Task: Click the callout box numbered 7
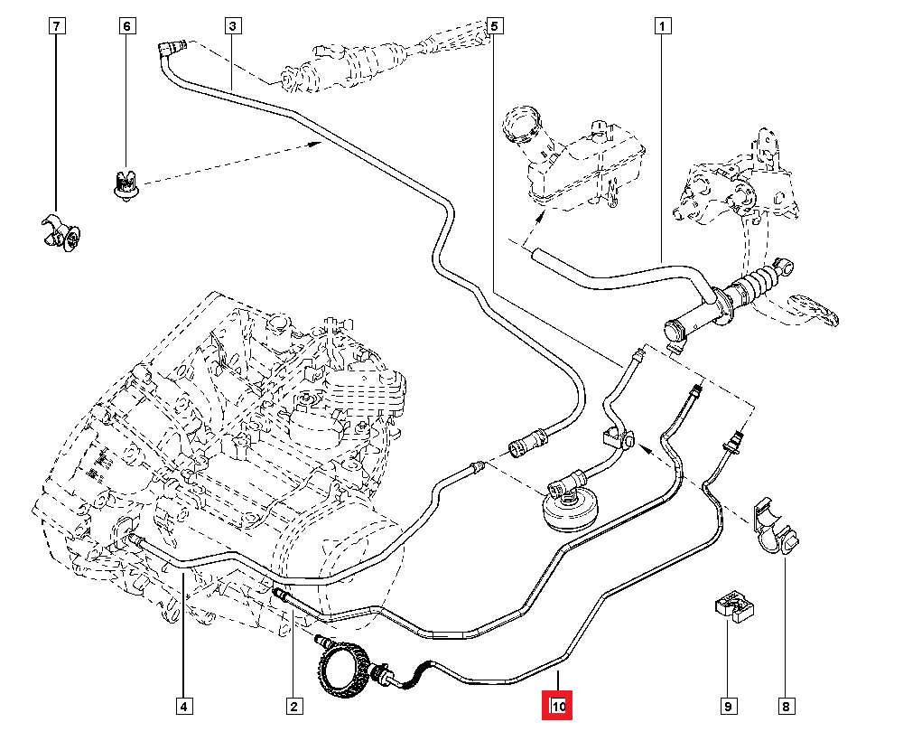56,26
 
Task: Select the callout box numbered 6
126,26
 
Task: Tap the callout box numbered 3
233,26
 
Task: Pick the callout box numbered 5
494,26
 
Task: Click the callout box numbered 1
662,26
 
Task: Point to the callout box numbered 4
183,706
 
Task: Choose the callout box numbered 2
293,706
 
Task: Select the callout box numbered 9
728,706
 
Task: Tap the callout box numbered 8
785,706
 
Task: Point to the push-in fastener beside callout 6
125,182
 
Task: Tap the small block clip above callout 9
735,606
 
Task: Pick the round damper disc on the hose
566,509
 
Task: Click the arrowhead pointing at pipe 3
315,142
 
